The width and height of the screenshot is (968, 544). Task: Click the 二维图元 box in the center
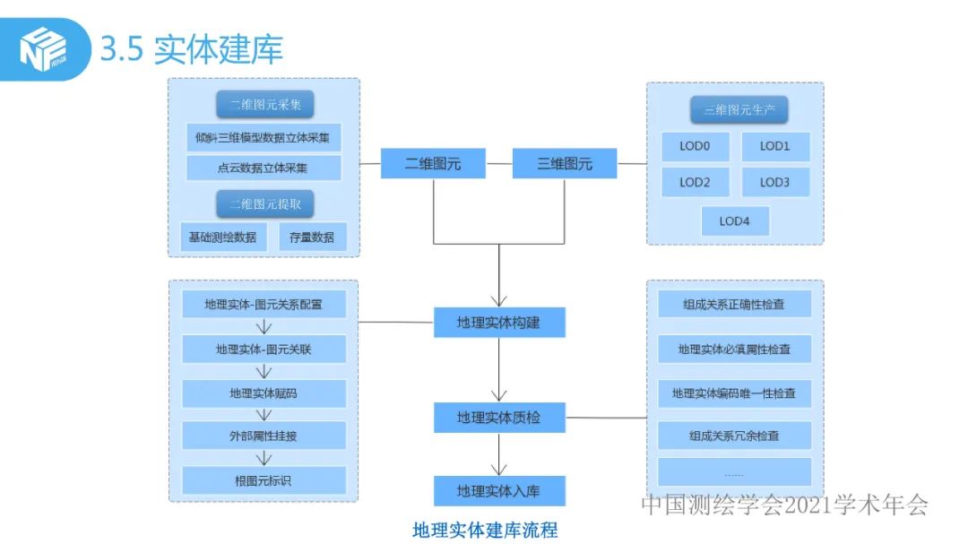click(x=433, y=164)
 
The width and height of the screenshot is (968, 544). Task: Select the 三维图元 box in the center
click(x=565, y=164)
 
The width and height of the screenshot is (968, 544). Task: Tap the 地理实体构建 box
click(x=498, y=323)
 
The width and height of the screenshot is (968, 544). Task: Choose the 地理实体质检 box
click(x=498, y=418)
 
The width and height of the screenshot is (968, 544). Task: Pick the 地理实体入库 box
click(x=498, y=491)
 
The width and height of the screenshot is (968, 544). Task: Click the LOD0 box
click(x=695, y=146)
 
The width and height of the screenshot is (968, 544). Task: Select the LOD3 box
click(x=774, y=182)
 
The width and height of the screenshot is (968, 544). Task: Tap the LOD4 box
click(x=734, y=221)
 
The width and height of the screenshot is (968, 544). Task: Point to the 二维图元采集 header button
click(x=264, y=105)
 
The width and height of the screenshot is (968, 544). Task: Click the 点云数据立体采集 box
click(x=264, y=168)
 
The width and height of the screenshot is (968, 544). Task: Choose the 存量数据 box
click(x=312, y=237)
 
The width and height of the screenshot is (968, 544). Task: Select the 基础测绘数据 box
click(x=222, y=237)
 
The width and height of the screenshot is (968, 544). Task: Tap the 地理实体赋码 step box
click(x=264, y=393)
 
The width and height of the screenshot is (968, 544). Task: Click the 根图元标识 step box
click(x=264, y=481)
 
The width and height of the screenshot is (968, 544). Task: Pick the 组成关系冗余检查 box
click(x=734, y=436)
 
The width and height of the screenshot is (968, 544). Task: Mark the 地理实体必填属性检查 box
click(x=734, y=350)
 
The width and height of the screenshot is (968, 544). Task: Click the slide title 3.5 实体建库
click(x=192, y=49)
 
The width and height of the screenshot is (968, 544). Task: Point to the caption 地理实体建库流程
click(x=485, y=530)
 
